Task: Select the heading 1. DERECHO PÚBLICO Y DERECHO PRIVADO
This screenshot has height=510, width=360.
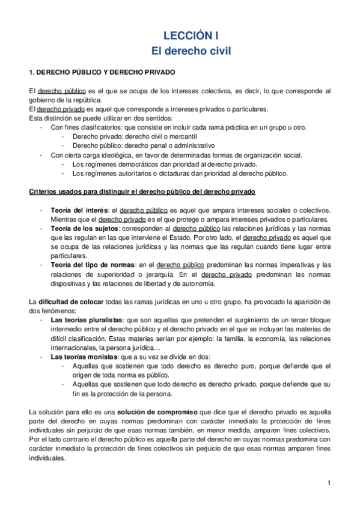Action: point(102,72)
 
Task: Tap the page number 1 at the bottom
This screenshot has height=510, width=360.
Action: point(330,484)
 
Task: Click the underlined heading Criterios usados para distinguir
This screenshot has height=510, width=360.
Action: point(142,192)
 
